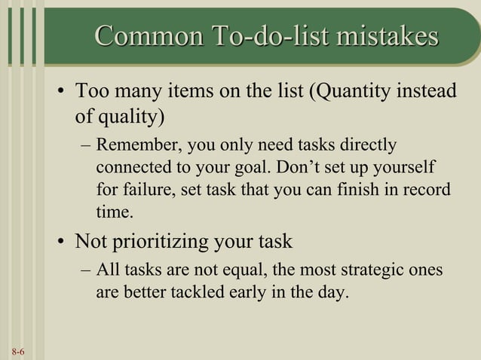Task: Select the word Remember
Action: click(138, 144)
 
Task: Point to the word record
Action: click(426, 189)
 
